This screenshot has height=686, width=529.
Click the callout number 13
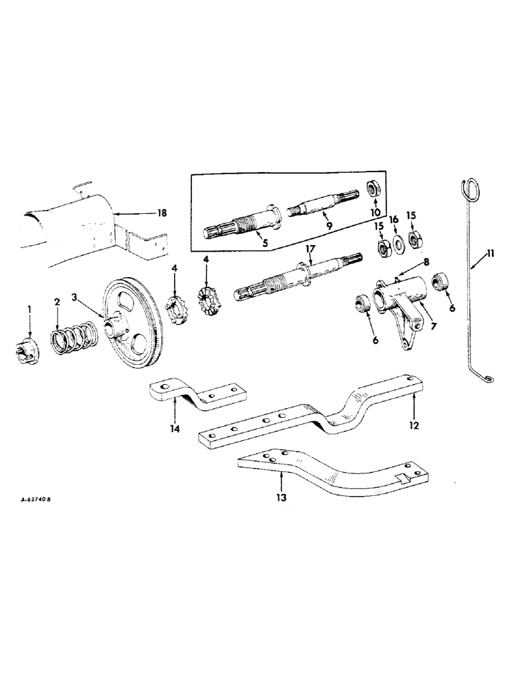[282, 496]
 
